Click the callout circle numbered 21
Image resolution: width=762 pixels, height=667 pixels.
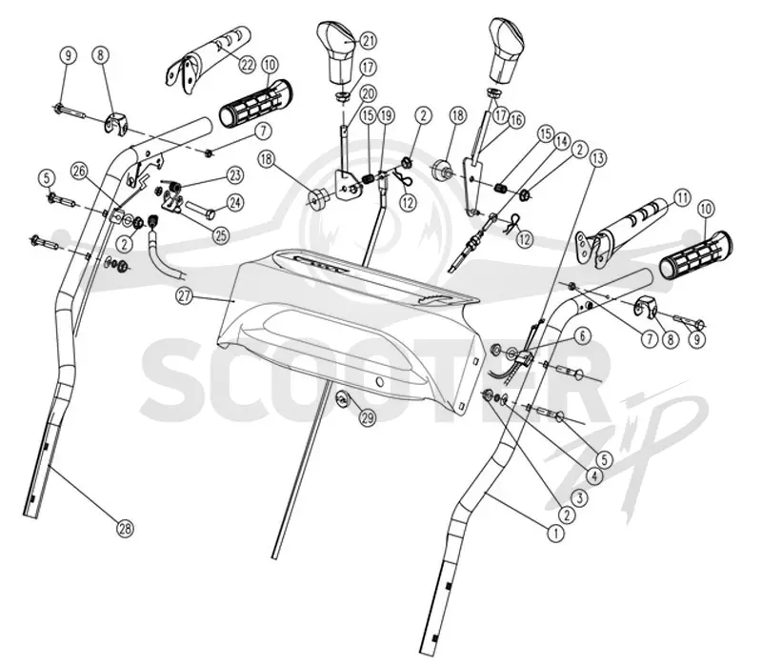(x=368, y=41)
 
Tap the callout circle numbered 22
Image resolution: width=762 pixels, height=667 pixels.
(x=248, y=64)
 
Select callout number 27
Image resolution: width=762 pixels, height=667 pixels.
(x=185, y=298)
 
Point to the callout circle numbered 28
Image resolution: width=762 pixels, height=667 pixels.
(x=126, y=529)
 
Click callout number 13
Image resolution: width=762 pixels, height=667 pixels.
(x=597, y=158)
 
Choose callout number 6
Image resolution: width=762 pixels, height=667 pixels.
(x=583, y=335)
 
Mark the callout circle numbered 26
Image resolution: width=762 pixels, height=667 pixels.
(x=80, y=171)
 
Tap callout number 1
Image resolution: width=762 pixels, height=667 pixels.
(x=555, y=533)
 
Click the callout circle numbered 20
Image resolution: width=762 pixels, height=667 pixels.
(x=368, y=93)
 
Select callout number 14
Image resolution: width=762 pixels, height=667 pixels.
(x=561, y=141)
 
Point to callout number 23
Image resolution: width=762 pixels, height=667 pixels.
(x=235, y=175)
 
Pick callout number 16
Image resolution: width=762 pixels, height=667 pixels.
(x=515, y=120)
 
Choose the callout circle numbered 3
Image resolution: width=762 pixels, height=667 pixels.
(x=581, y=497)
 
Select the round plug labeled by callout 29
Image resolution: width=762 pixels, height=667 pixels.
(x=342, y=399)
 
